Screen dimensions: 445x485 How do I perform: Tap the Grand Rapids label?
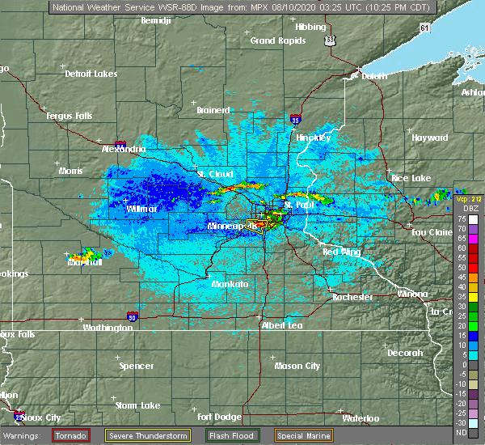click(x=275, y=40)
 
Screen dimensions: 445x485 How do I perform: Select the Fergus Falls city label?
click(x=70, y=116)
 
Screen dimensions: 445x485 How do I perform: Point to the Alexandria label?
click(x=124, y=149)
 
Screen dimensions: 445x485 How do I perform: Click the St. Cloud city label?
click(x=215, y=174)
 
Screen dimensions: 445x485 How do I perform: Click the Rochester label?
click(x=352, y=297)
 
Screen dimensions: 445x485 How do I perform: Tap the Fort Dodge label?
click(x=218, y=417)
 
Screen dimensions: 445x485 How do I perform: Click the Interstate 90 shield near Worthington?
click(x=133, y=317)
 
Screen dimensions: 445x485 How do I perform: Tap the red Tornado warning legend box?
click(x=71, y=434)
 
